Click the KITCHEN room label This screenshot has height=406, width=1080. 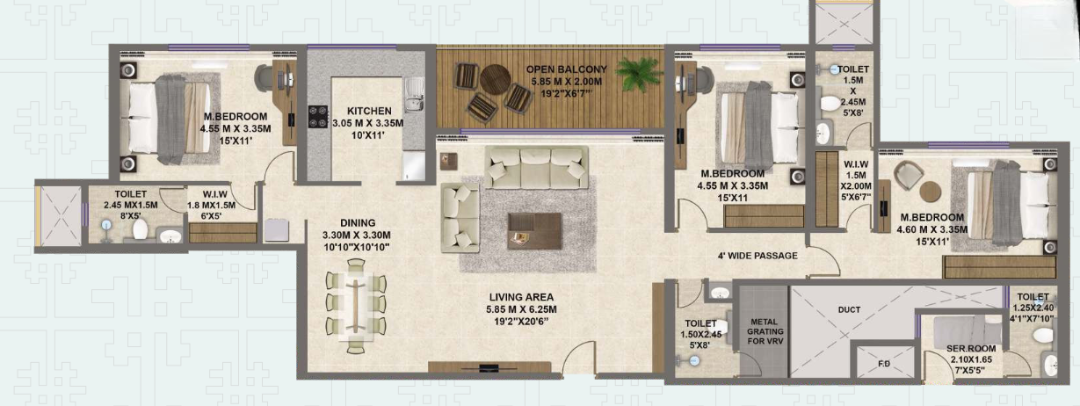(x=369, y=110)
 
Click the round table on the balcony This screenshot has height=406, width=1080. (x=495, y=79)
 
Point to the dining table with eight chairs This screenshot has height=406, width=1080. (x=356, y=304)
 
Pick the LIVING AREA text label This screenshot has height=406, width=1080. (x=519, y=297)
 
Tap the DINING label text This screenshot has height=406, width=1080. (x=357, y=223)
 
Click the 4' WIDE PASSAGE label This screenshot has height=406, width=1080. (x=756, y=256)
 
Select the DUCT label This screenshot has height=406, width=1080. (x=849, y=309)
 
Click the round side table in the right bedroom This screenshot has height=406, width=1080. (x=931, y=191)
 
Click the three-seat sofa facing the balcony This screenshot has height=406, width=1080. (x=537, y=168)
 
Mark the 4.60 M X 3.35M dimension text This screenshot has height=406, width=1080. (x=933, y=230)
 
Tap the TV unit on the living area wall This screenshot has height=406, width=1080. (x=490, y=367)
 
